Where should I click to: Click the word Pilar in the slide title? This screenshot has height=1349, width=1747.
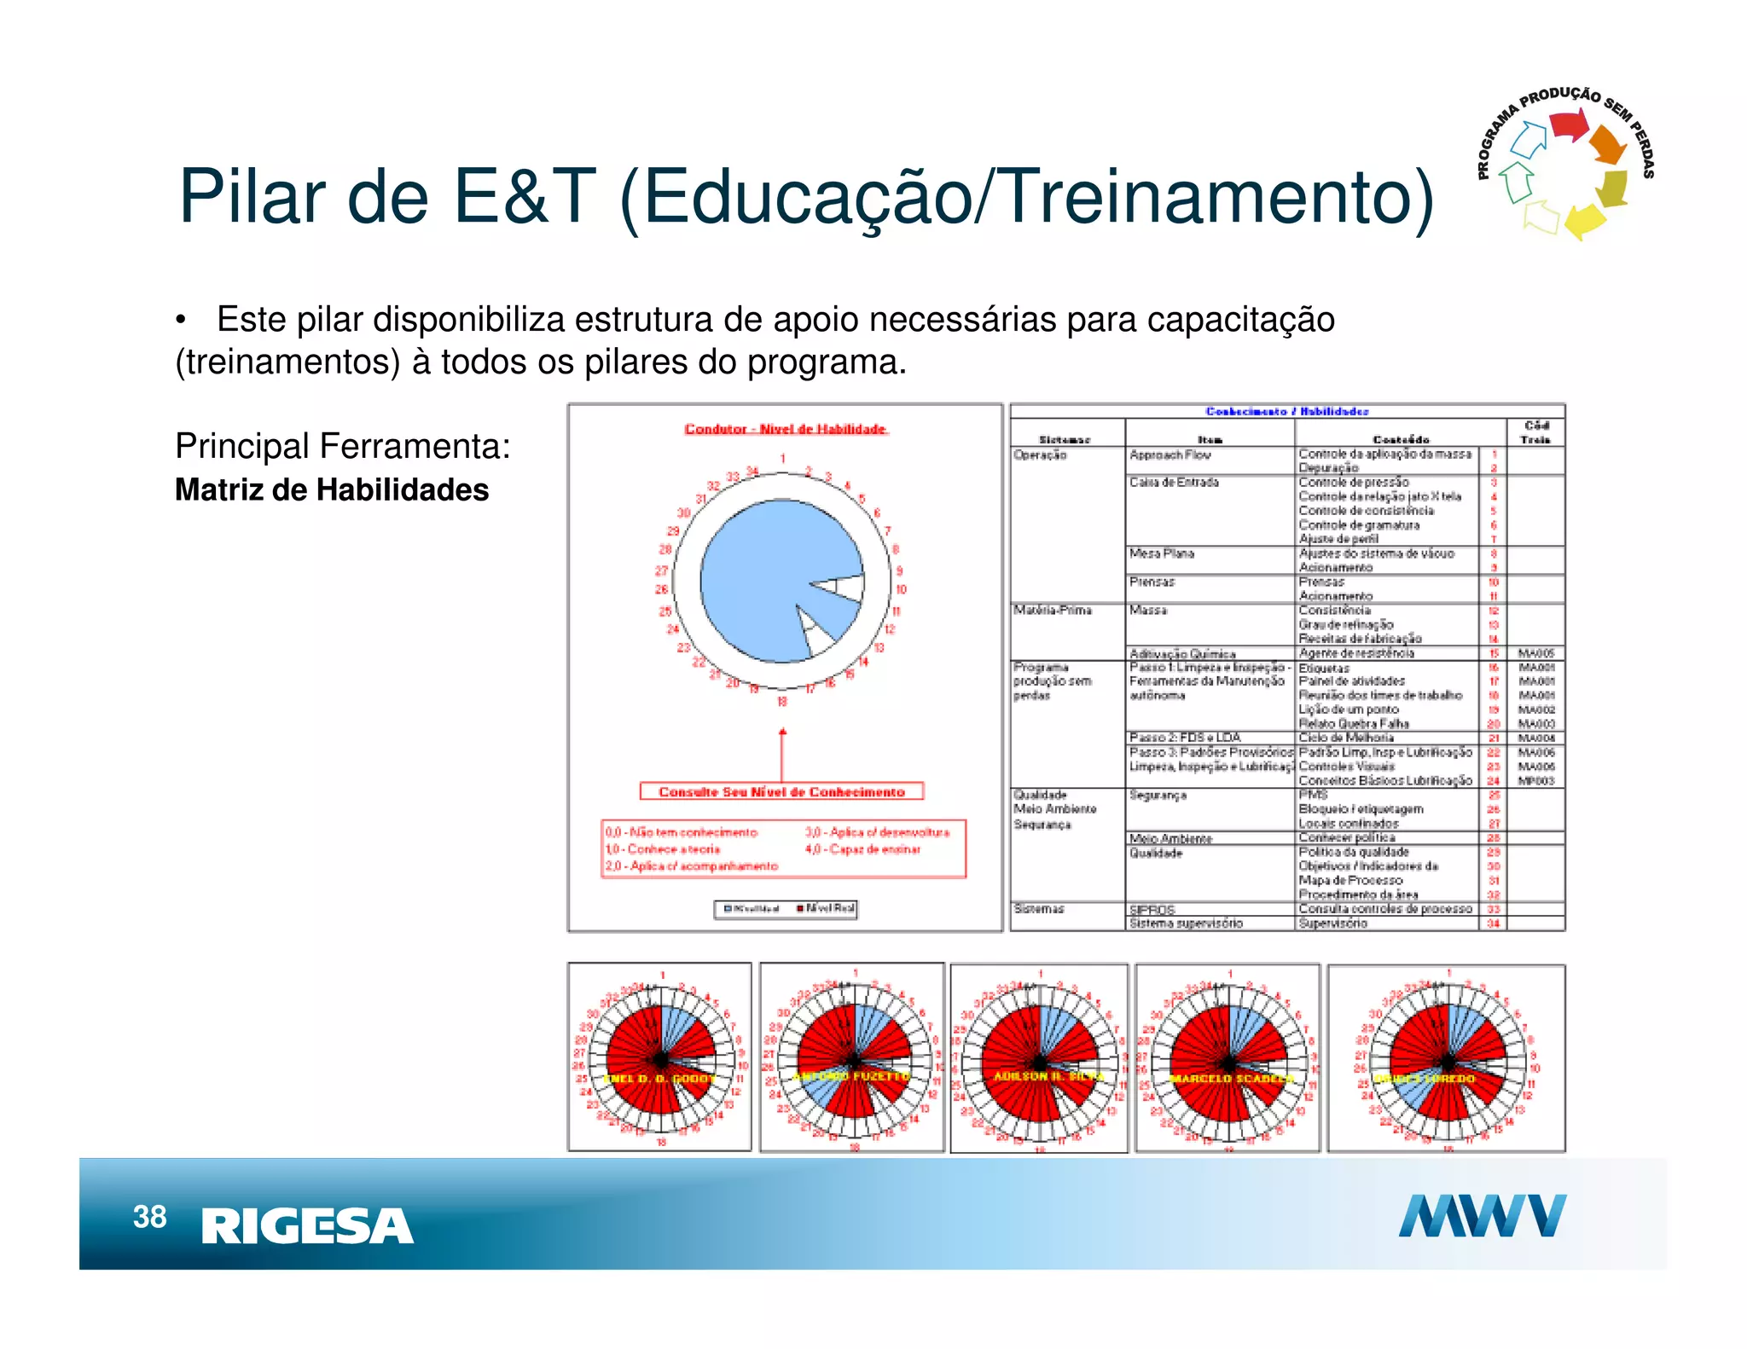(252, 197)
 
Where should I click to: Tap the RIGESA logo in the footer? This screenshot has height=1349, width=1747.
(307, 1226)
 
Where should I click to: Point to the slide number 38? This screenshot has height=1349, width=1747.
(149, 1217)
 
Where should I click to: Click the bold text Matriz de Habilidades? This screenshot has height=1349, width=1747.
(332, 490)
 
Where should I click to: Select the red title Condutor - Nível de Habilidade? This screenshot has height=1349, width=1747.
(786, 429)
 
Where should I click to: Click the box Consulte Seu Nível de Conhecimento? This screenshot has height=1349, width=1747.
(781, 792)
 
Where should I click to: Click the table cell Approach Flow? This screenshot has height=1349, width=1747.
(1170, 455)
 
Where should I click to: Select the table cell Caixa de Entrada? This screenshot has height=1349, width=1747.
(1174, 483)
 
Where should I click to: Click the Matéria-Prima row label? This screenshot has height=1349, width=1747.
(1052, 611)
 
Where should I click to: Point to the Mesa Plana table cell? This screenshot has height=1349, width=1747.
(1161, 554)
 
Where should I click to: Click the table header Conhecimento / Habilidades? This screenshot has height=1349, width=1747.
(1286, 412)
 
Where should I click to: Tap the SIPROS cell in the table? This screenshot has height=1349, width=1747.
(1152, 910)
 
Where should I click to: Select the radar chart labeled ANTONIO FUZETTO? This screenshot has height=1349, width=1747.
(852, 1058)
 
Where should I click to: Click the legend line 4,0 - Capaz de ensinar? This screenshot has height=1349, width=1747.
(862, 849)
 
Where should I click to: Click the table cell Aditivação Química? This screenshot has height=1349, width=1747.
(1181, 654)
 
